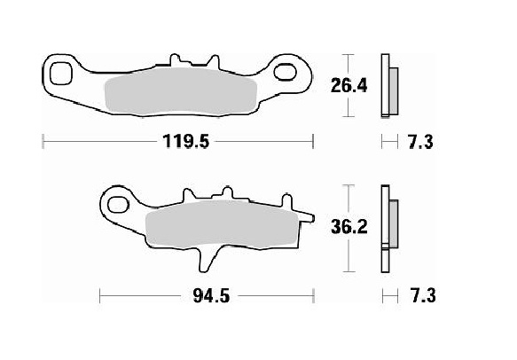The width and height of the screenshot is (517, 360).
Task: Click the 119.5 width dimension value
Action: (x=180, y=141)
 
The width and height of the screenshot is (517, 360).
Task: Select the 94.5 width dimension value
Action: (x=206, y=295)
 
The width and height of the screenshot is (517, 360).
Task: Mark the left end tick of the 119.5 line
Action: (x=43, y=141)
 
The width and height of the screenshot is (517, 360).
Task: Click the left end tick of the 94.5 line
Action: (x=100, y=295)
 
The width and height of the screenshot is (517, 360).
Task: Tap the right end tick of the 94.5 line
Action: (x=313, y=295)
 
